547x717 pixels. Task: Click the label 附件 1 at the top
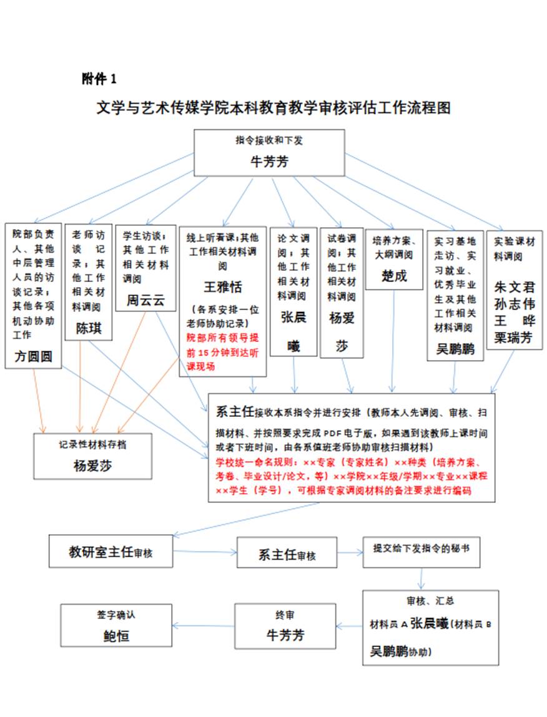coord(99,79)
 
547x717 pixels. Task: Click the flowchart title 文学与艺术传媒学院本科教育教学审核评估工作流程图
coord(273,107)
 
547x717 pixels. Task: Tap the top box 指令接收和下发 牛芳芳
coord(269,152)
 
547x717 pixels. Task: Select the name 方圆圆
coord(32,356)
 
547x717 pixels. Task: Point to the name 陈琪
coord(88,329)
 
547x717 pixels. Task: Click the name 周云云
coord(145,301)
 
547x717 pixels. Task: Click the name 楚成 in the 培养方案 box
coord(393,275)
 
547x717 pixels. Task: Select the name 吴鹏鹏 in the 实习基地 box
coord(455,348)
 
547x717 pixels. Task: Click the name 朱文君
coord(515,288)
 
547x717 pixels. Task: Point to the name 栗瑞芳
coord(515,338)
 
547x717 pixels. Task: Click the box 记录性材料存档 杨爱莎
coord(92,456)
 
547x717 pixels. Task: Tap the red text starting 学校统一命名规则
coord(351,477)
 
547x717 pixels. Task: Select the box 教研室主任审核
coord(111,552)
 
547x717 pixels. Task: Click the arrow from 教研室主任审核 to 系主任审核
coord(205,552)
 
